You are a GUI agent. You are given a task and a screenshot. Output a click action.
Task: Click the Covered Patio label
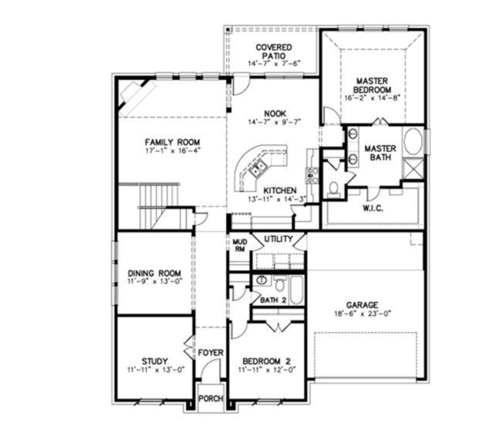coord(274,51)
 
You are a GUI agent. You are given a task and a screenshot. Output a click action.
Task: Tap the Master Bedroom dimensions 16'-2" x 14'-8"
coord(372,98)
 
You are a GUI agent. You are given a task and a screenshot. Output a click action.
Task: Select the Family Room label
coord(172,142)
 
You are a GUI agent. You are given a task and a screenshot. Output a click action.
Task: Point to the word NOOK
coord(275,113)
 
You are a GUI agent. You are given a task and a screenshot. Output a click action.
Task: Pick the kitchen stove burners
coord(312,175)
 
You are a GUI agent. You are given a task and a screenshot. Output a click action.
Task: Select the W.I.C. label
coord(373,208)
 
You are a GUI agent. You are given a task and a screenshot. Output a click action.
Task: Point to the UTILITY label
coord(278,239)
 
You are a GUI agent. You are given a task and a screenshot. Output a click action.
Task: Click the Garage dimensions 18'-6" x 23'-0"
coord(362,314)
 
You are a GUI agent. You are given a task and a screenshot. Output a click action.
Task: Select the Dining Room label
coord(154,273)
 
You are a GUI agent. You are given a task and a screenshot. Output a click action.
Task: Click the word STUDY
coord(154,361)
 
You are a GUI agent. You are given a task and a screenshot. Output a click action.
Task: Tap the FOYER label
coord(210,352)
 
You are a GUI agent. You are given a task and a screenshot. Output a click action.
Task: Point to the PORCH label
coord(211,398)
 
